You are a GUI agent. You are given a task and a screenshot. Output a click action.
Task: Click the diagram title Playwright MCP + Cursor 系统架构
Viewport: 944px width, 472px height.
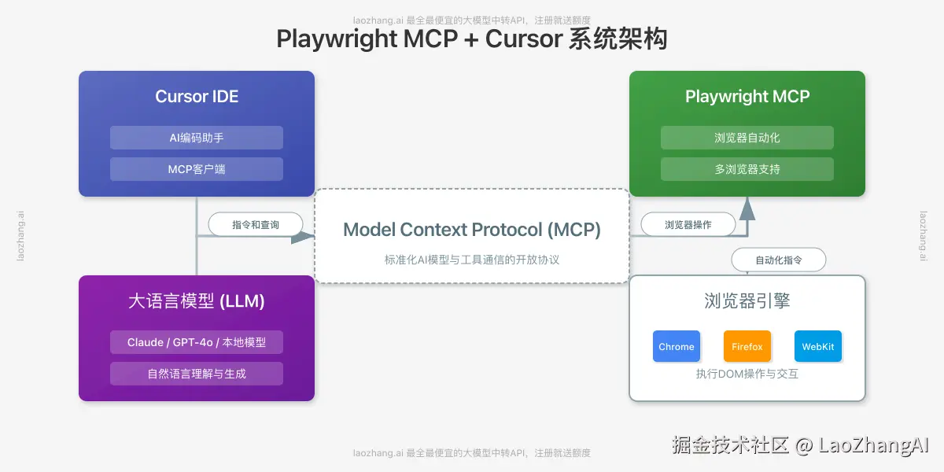coord(472,39)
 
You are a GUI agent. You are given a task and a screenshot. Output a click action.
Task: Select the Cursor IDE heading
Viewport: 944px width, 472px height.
coord(197,97)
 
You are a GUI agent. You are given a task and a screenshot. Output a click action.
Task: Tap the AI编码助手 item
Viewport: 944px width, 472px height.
coord(197,138)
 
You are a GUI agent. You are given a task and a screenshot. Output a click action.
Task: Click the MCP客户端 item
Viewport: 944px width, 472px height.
coord(197,169)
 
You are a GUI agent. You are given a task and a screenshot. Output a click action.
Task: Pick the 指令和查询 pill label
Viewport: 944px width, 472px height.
coord(256,225)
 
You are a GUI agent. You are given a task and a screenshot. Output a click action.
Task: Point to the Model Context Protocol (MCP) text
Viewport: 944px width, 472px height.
coord(472,230)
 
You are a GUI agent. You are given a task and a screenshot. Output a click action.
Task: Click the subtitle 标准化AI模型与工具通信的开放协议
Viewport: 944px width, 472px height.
coord(472,260)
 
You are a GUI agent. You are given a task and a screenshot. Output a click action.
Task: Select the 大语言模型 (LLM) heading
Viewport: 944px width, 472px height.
coord(197,301)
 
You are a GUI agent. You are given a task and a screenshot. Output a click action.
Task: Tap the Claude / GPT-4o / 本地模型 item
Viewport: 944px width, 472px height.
coord(197,342)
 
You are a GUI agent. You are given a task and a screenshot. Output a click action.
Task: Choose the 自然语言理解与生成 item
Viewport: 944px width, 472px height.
coord(197,374)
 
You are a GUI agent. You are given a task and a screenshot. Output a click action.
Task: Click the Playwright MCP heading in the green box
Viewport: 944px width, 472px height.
coord(747,97)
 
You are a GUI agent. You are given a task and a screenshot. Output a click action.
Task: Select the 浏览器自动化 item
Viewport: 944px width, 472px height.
coord(747,138)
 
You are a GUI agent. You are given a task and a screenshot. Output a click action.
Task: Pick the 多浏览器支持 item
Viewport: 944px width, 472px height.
coord(747,169)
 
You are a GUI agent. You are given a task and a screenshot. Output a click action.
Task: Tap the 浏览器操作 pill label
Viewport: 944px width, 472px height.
coord(688,225)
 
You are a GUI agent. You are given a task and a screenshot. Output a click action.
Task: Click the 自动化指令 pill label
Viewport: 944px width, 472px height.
coord(779,260)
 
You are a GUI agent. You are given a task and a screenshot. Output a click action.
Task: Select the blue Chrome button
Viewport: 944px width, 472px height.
coord(677,346)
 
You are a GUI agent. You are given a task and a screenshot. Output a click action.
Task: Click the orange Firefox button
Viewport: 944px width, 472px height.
coord(747,346)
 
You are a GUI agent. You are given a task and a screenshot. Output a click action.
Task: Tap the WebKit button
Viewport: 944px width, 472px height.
coord(818,346)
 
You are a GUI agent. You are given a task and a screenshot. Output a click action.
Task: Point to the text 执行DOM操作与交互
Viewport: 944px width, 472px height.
coord(747,374)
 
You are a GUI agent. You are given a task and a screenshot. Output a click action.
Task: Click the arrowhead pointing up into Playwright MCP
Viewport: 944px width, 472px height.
coord(747,209)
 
